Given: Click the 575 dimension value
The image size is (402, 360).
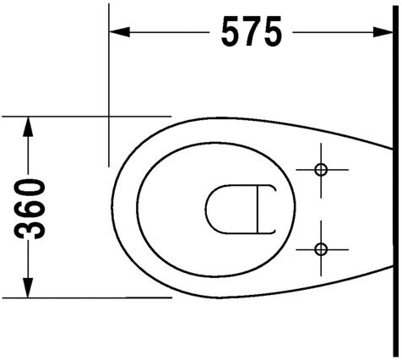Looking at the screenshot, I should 251,32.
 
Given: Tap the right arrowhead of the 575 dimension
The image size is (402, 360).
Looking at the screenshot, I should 383,32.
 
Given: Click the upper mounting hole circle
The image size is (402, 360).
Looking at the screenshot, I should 320,170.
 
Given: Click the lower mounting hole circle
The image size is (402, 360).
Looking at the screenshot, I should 320,248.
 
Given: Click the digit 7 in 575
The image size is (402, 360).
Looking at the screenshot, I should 251,32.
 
